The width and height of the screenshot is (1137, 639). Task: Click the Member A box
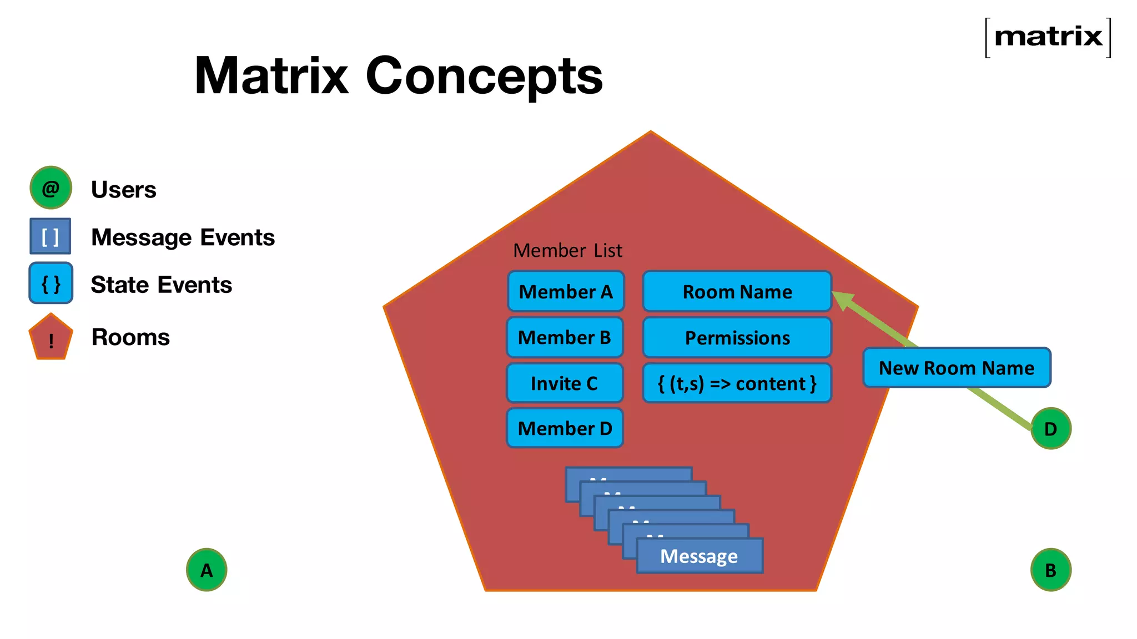point(566,292)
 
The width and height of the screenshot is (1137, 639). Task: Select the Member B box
point(565,337)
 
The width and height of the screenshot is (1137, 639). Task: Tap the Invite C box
point(565,383)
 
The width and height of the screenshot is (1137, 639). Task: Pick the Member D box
point(565,428)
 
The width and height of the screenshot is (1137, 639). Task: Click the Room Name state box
point(737,292)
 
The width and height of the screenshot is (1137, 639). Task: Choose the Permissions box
point(737,338)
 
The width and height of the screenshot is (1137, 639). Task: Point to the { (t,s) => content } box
point(737,383)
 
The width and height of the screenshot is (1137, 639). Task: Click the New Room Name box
point(956,368)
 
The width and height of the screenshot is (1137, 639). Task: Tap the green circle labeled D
point(1050,429)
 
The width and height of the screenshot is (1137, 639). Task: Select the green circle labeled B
point(1050,570)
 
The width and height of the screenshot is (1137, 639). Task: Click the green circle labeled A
point(207,570)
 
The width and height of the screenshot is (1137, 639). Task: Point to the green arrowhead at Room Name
point(843,300)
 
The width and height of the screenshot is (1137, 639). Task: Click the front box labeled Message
point(699,556)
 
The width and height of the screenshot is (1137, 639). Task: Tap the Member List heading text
point(567,251)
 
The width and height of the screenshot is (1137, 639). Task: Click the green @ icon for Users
point(51,188)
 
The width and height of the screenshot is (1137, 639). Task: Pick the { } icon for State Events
point(51,283)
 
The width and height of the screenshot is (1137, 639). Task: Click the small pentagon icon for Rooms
point(51,338)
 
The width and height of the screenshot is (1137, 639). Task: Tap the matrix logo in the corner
point(1048,37)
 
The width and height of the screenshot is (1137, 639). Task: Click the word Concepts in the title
point(484,76)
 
